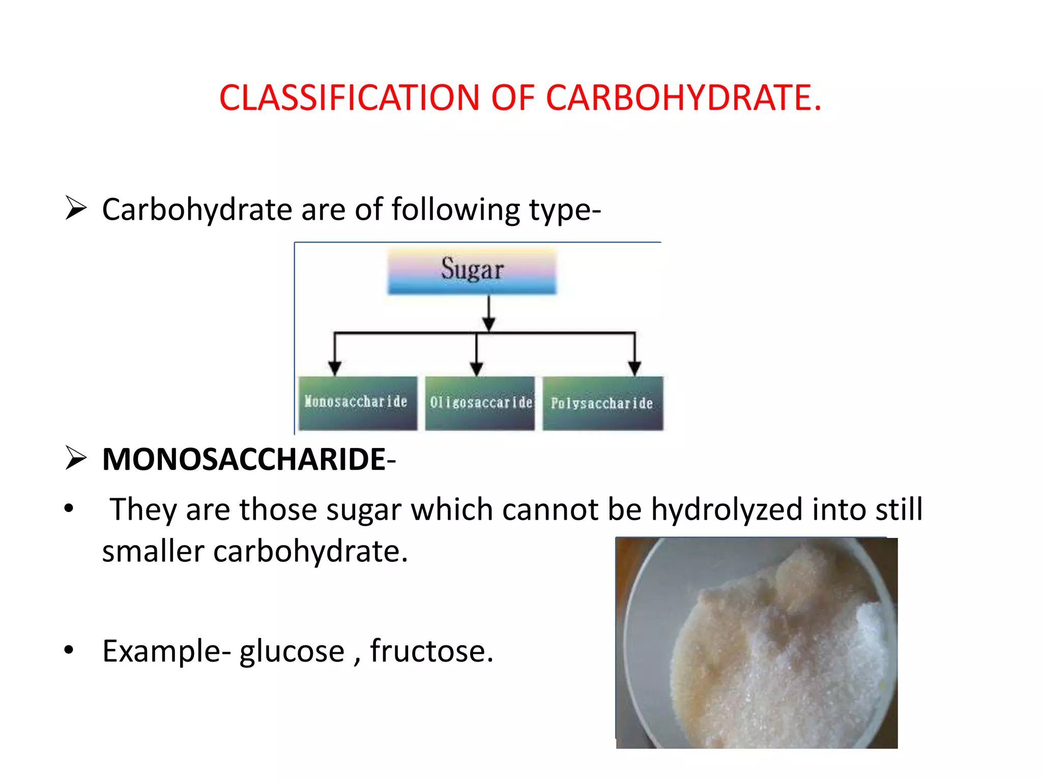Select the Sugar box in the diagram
coord(472,271)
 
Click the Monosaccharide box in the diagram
coord(357,403)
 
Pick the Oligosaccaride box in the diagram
coord(480,403)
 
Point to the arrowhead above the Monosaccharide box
coord(334,368)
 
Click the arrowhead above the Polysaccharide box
coord(634,368)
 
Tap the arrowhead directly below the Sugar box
coord(488,323)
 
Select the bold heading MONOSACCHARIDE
coord(244,459)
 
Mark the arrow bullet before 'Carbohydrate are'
coord(76,208)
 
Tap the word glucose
coord(292,651)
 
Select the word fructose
coord(431,651)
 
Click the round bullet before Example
coord(69,650)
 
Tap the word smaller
coord(153,551)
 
